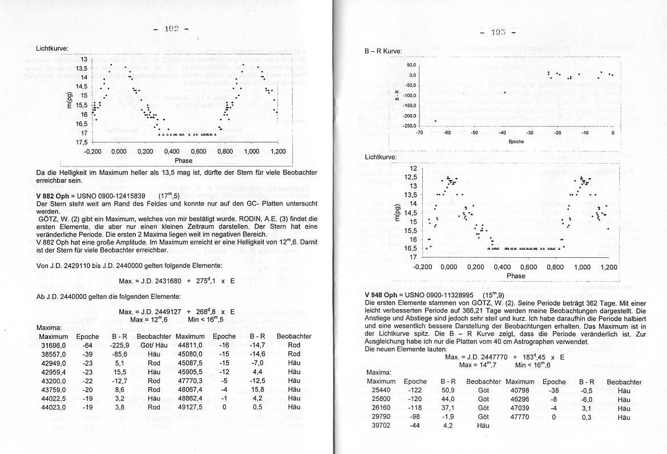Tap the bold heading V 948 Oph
[385, 295]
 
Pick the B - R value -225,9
[119, 345]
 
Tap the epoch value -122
[415, 391]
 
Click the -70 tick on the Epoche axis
[419, 133]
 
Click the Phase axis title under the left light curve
[184, 160]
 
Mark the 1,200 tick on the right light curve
[608, 267]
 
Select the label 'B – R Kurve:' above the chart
[383, 51]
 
